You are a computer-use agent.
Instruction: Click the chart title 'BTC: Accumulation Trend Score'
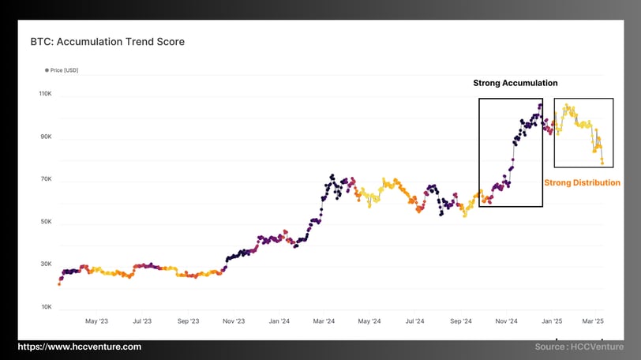click(107, 41)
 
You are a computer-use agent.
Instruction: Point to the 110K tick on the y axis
click(45, 95)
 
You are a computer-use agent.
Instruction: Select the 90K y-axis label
click(46, 137)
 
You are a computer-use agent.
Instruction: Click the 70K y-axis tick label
click(46, 179)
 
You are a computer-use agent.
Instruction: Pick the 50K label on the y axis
click(46, 222)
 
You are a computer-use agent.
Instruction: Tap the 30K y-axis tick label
click(46, 264)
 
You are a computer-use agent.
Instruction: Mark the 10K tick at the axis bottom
click(46, 307)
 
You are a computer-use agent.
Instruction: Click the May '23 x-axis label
click(96, 321)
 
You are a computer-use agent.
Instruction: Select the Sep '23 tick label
click(188, 321)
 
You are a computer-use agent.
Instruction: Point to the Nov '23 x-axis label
click(234, 321)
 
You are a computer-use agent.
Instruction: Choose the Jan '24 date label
click(279, 321)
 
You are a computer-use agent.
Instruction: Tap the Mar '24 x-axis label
click(324, 321)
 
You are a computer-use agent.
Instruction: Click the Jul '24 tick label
click(415, 321)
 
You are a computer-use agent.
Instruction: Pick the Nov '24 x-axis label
click(506, 321)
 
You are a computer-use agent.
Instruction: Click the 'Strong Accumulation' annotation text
click(515, 83)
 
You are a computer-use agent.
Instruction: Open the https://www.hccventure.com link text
click(80, 347)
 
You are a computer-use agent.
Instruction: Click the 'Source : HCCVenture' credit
click(578, 347)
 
